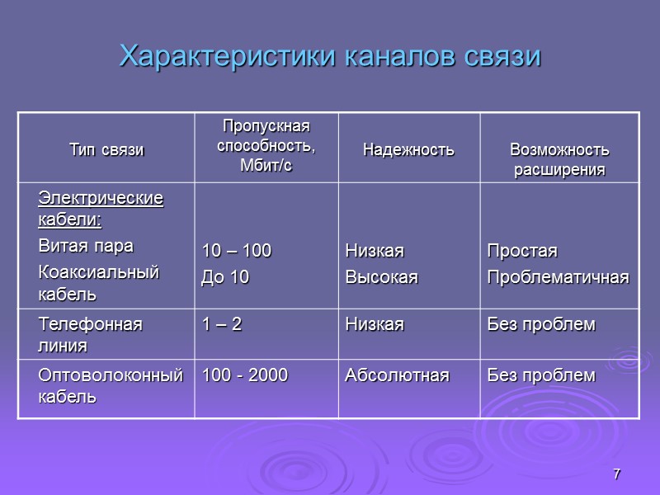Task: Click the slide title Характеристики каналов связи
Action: [330, 57]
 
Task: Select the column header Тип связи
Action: [106, 150]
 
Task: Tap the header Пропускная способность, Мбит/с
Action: [266, 146]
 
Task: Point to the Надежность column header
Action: [408, 150]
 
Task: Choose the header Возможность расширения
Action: [559, 159]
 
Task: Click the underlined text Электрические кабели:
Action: [101, 210]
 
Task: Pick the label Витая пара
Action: [86, 246]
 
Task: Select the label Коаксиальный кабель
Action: [98, 282]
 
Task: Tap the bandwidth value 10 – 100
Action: [237, 251]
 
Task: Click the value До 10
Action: [225, 278]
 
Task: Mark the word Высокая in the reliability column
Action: [381, 278]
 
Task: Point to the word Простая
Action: [522, 251]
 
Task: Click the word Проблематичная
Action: [558, 278]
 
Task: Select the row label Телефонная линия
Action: [90, 334]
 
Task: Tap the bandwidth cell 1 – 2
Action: [222, 324]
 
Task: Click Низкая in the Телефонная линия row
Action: [375, 324]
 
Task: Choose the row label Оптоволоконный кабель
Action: [110, 385]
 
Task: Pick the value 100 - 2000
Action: [245, 376]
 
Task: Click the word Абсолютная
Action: [397, 376]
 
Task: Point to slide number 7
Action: [616, 474]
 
